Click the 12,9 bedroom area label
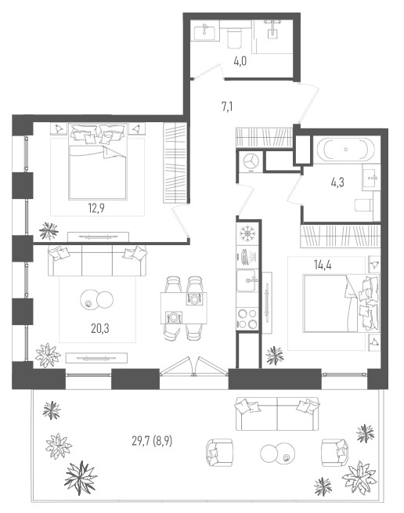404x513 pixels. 96,208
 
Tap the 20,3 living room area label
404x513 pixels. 100,328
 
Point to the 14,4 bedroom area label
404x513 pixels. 323,265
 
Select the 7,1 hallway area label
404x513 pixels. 227,107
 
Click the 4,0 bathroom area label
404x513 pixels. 240,61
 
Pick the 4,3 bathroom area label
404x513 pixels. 337,182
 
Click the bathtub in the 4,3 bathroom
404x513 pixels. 344,150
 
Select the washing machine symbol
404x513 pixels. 250,161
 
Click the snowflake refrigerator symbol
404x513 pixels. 247,233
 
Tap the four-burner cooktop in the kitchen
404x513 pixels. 247,318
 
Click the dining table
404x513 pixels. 183,308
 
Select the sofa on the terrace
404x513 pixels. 277,414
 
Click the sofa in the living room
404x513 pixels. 97,261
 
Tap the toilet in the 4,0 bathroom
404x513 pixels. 234,38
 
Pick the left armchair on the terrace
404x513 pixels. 219,452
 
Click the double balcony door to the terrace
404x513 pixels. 193,367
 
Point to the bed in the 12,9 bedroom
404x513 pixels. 98,161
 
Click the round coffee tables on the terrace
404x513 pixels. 278,453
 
